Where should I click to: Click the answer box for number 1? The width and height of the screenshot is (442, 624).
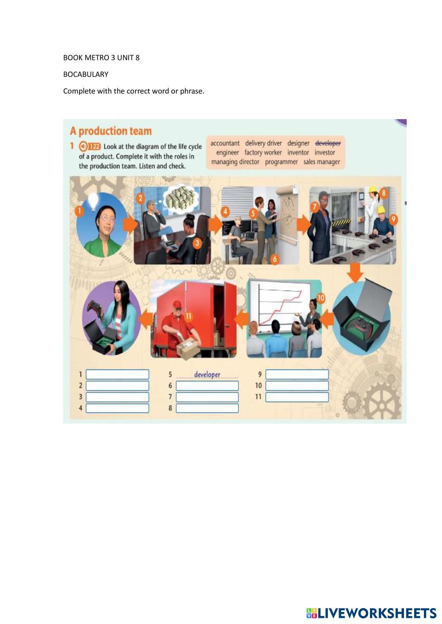coord(117,374)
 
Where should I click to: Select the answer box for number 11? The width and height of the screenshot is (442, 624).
coord(297,397)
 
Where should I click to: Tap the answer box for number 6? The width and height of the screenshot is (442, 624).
coord(207,386)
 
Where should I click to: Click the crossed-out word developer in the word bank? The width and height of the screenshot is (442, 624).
coord(328,143)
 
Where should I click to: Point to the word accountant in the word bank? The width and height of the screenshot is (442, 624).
coord(225,143)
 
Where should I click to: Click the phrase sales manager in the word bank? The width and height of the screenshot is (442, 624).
coord(321,162)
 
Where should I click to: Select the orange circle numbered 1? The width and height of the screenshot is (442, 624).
coord(79,211)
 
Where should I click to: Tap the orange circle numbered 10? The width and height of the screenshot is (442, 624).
coord(321,298)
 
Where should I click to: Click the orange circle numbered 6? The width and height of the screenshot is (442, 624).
coord(274,259)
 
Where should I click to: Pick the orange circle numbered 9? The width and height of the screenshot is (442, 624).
coord(393,219)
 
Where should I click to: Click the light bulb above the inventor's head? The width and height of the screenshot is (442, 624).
coord(93,201)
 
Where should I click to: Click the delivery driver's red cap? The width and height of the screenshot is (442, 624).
coord(178,304)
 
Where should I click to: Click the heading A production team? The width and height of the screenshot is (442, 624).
coord(111,131)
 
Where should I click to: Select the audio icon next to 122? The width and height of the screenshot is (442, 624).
coord(83,146)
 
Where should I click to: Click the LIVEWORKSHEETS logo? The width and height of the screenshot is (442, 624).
coord(371,613)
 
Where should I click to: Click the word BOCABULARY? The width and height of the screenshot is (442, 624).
coord(86,75)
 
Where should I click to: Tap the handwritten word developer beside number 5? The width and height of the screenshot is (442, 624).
coord(207,374)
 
